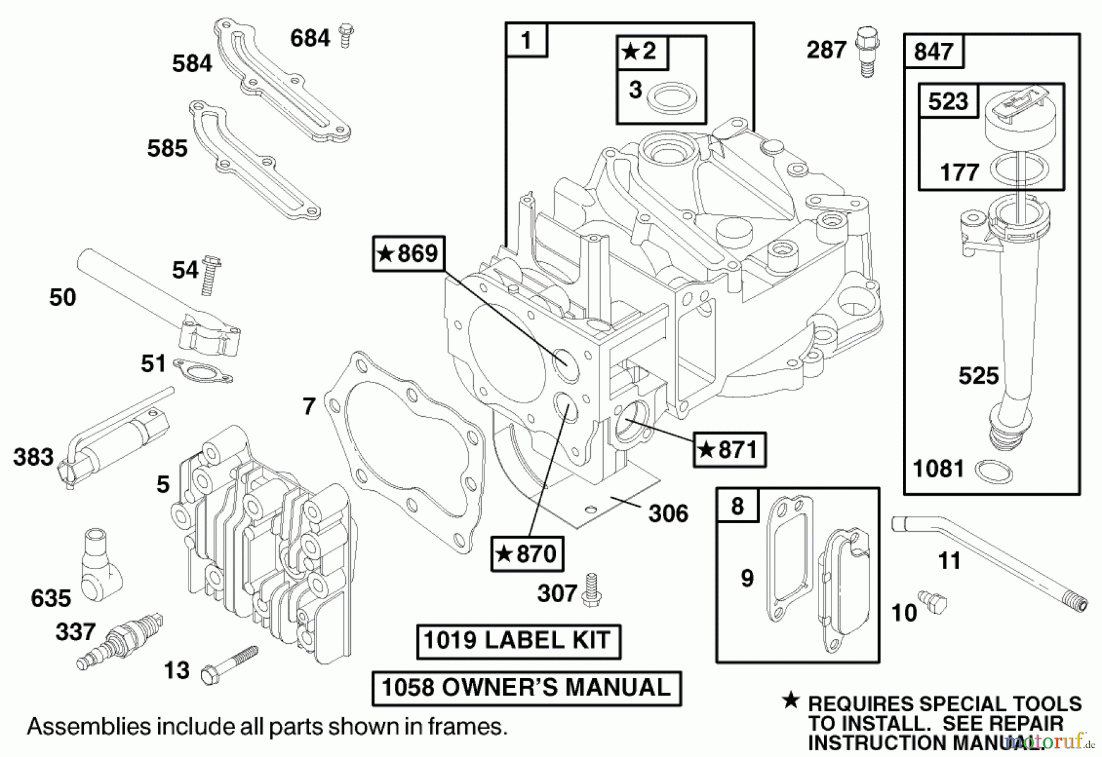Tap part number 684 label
pyautogui.click(x=310, y=39)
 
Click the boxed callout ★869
pyautogui.click(x=408, y=253)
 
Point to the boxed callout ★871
pyautogui.click(x=729, y=450)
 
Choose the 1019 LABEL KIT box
pyautogui.click(x=518, y=641)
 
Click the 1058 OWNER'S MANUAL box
pyautogui.click(x=526, y=688)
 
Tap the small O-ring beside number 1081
pyautogui.click(x=992, y=472)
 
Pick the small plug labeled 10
pyautogui.click(x=932, y=602)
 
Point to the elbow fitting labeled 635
pyautogui.click(x=100, y=563)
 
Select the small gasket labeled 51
pyautogui.click(x=202, y=371)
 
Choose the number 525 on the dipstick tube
pyautogui.click(x=978, y=376)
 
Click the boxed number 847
pyautogui.click(x=933, y=51)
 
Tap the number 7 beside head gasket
pyautogui.click(x=309, y=406)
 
